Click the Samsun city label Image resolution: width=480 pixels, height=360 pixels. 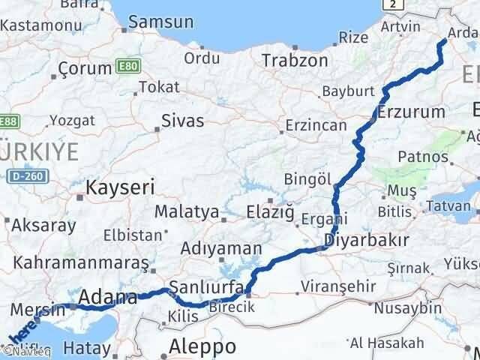coord(160,22)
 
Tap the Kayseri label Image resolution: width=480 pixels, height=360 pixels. coord(121,187)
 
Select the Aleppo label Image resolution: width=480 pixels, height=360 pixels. coord(202,346)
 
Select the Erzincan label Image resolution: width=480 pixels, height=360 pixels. coord(315,126)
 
